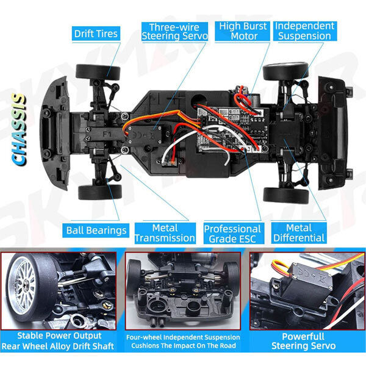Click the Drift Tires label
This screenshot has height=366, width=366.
(96, 34)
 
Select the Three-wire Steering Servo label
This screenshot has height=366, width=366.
(174, 32)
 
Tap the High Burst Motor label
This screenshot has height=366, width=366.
(242, 31)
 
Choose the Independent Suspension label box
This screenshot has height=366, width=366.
(305, 31)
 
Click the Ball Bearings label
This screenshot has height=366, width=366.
(96, 231)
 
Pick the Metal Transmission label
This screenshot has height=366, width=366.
(165, 233)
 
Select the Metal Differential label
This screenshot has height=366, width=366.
(299, 233)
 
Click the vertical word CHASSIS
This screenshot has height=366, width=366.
(19, 129)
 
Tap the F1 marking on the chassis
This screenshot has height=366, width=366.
(107, 134)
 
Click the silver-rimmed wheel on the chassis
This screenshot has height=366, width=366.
(285, 71)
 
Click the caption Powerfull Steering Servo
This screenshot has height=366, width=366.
(303, 341)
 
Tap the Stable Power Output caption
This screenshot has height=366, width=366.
(59, 335)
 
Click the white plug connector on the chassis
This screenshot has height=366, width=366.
(168, 162)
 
